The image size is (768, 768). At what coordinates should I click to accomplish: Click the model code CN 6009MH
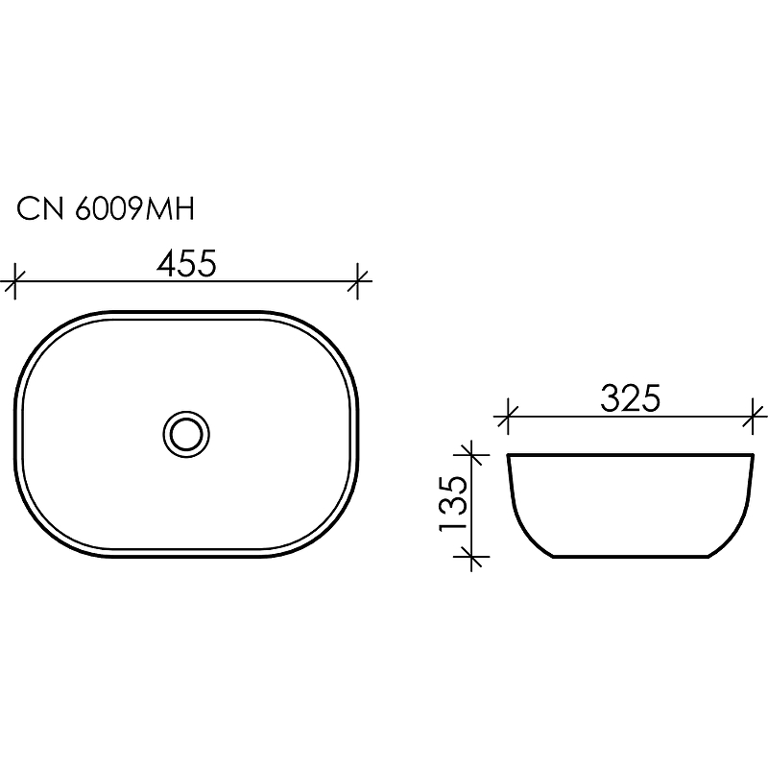pos(107,208)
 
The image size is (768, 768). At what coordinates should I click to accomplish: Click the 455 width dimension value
pos(184,263)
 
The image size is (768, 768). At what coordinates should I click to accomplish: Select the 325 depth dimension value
pos(631,398)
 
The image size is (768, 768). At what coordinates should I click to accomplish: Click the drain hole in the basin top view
pos(185,433)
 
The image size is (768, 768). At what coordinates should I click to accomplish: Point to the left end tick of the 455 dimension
pos(12,282)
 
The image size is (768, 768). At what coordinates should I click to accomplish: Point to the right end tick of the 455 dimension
pos(359,282)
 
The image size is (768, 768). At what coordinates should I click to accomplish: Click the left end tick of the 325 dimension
pos(507,417)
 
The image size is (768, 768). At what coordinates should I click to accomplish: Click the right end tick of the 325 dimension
pos(755,417)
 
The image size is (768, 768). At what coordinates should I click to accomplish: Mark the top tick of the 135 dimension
pos(469,453)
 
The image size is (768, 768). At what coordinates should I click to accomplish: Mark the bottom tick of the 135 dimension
pos(469,555)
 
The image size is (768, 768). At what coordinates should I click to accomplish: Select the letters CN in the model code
pos(39,208)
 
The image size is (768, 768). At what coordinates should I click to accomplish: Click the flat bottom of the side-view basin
pos(631,556)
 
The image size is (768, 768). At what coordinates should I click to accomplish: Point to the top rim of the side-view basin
pos(631,454)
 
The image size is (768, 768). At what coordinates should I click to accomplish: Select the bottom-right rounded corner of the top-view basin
pos(326,527)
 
